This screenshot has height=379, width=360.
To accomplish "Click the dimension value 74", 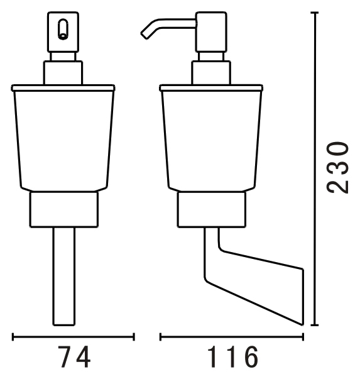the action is tap(74, 357).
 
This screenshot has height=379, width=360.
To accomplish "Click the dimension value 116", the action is tap(232, 357).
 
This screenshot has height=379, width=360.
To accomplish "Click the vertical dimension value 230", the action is tap(337, 168).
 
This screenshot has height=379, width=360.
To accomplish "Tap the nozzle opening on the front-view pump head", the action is tap(63, 30).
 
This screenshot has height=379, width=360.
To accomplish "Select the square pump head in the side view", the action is tap(211, 32).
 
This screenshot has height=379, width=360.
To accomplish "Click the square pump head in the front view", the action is tap(63, 31).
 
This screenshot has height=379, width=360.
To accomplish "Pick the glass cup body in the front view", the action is tap(63, 141).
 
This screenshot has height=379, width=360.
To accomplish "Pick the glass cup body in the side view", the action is tap(211, 141).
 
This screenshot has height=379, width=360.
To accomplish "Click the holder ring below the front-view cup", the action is tap(64, 209).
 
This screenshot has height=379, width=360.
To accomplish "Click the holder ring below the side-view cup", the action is tap(212, 209).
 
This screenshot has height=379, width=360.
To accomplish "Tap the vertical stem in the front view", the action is tap(64, 277).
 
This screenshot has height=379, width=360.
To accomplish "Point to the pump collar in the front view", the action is tap(63, 73).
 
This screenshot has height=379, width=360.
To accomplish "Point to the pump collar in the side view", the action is tap(211, 73).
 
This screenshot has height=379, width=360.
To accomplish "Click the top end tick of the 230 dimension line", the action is tap(314, 13).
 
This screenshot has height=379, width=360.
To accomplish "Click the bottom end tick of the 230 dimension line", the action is tap(314, 325).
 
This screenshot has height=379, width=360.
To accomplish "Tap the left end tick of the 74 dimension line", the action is tap(13, 337).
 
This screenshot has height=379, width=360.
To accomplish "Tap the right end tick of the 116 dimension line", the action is tap(303, 337).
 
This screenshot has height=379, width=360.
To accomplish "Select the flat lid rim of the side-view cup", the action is tap(211, 88).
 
